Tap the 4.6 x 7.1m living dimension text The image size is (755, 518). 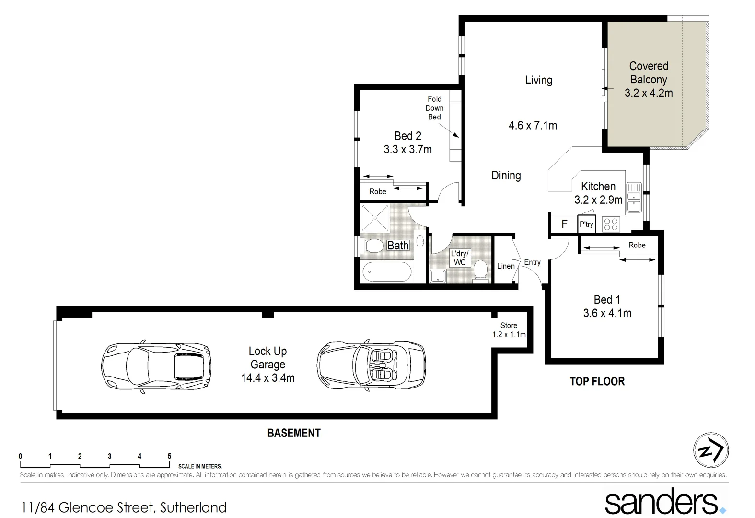[x=533, y=126]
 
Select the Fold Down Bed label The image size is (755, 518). [x=434, y=108]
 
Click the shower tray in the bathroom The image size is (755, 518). [x=377, y=218]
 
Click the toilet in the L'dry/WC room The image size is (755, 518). [x=479, y=270]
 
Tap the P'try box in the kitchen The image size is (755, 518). [x=586, y=224]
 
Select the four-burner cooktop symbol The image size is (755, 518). [x=611, y=224]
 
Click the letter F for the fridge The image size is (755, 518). [x=564, y=224]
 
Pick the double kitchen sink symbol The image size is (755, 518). [x=634, y=198]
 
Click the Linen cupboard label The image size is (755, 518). [x=506, y=266]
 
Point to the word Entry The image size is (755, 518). [x=532, y=262]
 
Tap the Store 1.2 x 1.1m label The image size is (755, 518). [x=509, y=330]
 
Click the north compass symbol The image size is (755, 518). [x=711, y=450]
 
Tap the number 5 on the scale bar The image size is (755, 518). [x=169, y=456]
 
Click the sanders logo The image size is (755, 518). [x=664, y=502]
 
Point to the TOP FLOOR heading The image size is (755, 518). [x=597, y=382]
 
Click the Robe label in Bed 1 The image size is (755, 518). [x=637, y=245]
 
